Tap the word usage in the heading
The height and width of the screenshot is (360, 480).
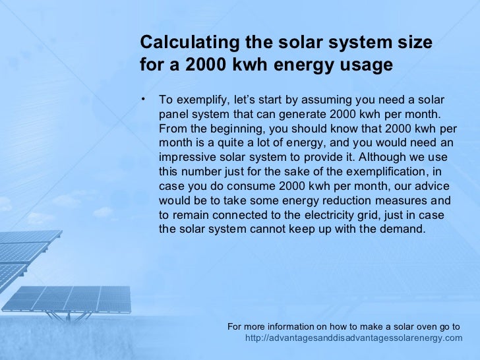click(x=361, y=66)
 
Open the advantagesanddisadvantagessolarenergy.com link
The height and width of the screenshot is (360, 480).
click(x=354, y=338)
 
